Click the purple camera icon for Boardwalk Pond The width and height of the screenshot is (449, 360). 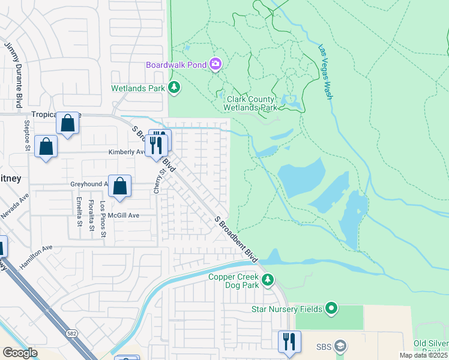pyautogui.click(x=215, y=64)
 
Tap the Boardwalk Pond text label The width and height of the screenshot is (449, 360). pyautogui.click(x=175, y=64)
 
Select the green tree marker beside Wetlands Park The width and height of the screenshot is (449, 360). pyautogui.click(x=174, y=88)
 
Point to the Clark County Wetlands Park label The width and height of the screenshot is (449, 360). pyautogui.click(x=250, y=103)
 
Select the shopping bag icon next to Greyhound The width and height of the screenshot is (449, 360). pyautogui.click(x=120, y=187)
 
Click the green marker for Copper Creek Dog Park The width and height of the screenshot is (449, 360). pyautogui.click(x=268, y=280)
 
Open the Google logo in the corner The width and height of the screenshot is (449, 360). pyautogui.click(x=20, y=353)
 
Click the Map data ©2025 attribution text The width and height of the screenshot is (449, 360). pyautogui.click(x=423, y=355)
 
